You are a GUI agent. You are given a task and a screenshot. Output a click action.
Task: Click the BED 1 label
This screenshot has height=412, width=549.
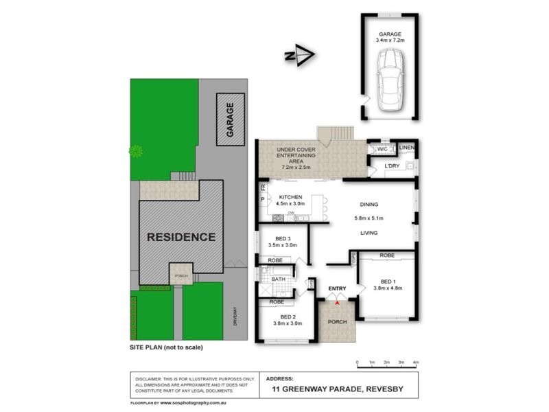(x=388, y=282)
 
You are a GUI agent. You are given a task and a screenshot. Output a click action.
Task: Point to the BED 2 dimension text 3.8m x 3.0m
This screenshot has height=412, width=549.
(x=288, y=323)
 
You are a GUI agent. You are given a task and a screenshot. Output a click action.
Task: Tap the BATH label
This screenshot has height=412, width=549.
(x=277, y=279)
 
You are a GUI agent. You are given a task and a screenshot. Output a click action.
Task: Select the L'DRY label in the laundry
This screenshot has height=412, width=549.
(x=392, y=166)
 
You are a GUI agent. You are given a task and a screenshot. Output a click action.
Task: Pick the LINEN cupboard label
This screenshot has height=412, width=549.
(x=407, y=148)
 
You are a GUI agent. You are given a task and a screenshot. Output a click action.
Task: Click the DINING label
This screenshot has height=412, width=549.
(x=370, y=204)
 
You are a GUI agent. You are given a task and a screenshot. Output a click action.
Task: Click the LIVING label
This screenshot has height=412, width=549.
(x=370, y=233)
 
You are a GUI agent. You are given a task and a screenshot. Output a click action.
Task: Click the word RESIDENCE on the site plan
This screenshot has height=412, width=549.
(x=181, y=237)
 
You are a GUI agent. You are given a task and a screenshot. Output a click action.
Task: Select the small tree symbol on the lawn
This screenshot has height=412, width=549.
(x=137, y=150)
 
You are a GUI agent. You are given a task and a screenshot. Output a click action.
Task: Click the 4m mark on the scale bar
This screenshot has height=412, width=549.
(x=416, y=362)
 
